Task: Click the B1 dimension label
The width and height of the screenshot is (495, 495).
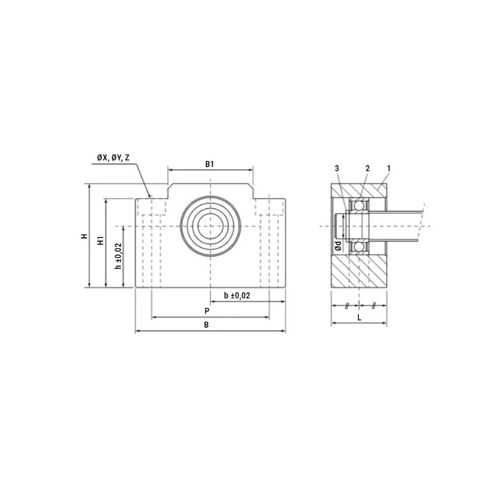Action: [210, 164]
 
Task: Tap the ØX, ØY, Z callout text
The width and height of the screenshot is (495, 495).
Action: [113, 157]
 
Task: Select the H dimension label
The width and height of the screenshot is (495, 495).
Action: [84, 236]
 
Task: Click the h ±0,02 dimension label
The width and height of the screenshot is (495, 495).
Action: [118, 256]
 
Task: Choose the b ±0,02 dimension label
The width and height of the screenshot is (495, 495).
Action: [237, 296]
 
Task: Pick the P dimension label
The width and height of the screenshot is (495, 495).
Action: [207, 311]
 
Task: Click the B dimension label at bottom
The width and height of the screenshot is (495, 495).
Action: [206, 324]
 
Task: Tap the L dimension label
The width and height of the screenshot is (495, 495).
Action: [360, 318]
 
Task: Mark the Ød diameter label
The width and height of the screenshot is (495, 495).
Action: [338, 245]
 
